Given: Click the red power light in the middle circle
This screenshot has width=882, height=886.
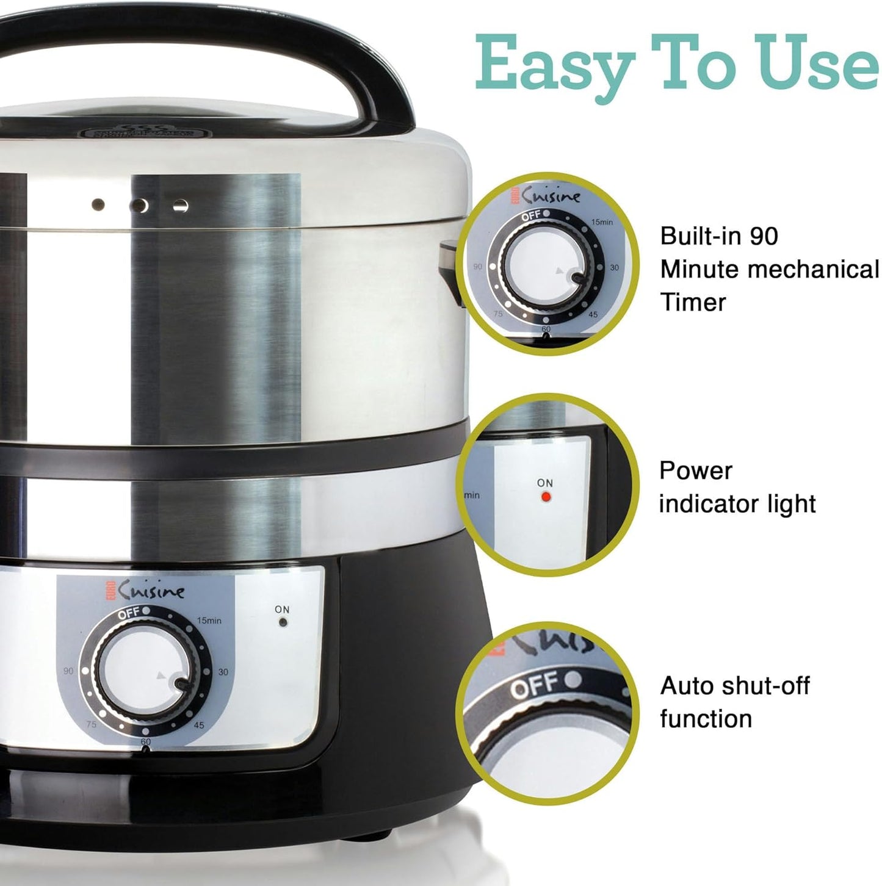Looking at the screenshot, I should coord(546,497).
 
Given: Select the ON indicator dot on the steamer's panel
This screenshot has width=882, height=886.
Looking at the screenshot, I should coord(283,623).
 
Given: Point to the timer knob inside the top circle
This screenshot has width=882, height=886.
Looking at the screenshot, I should coord(546,268).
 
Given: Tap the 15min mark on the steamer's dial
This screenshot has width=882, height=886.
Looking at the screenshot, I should coord(209,621).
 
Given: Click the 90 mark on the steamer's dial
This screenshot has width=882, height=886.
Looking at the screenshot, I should coord(68,671).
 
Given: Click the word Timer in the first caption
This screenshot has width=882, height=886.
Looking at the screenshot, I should coord(693,303).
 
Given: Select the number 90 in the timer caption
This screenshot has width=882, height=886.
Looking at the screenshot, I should coord(764,236).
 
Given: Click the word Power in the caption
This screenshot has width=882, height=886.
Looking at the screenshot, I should coord(695,471).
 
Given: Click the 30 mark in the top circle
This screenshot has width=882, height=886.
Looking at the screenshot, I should coord(614,268).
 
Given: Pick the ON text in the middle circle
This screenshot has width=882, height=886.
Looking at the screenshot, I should coord(545,483).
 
